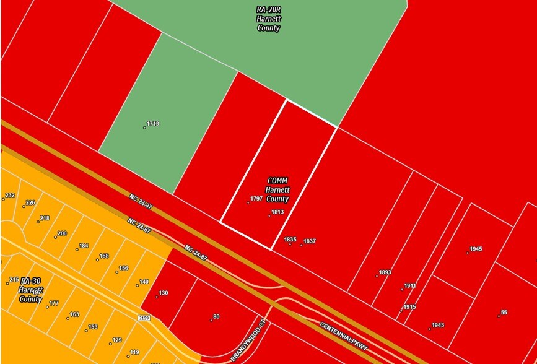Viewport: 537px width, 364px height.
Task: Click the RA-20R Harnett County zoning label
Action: coord(268,20)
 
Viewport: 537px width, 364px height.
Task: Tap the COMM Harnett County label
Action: coord(277,190)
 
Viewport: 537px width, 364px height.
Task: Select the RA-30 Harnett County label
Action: coord(30,290)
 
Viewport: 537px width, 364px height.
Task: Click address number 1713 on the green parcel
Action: coord(152,124)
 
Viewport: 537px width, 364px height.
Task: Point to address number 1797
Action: coord(256,199)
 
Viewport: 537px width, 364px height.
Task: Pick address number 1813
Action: coord(277,212)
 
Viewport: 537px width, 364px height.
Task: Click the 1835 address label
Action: coord(290,240)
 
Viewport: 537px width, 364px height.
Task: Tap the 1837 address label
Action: coord(310,241)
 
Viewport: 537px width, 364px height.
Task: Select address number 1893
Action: coord(385,272)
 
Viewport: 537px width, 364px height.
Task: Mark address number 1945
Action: coord(475,249)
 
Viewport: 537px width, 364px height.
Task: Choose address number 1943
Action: coord(437,325)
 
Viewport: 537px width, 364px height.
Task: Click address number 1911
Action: coord(409,286)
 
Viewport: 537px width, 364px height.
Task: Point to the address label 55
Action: coord(504,313)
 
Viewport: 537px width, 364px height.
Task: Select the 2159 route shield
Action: coord(145,317)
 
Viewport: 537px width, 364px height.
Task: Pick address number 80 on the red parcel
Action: coord(216,317)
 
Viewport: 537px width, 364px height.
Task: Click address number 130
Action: coord(163,293)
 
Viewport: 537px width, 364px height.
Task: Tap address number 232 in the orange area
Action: coord(9,196)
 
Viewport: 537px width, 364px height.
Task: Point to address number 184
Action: coord(83,246)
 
